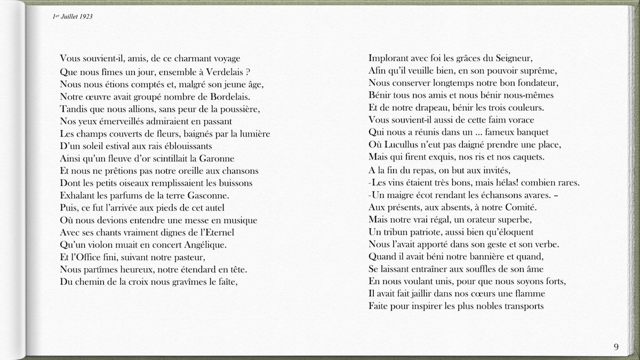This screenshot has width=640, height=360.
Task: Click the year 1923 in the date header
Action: point(86,17)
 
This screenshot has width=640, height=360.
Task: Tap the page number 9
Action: point(617,347)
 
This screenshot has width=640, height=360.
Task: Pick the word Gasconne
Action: point(210,195)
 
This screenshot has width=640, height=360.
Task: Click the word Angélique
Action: point(204,245)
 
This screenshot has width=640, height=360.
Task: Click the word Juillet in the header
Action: point(69,17)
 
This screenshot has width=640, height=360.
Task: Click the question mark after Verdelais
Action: point(249,71)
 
